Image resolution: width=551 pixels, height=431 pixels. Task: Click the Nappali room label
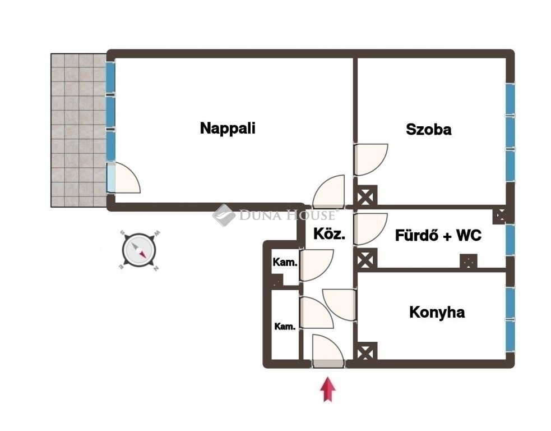click(x=228, y=129)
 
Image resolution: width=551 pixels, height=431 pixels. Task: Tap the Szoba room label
click(x=428, y=130)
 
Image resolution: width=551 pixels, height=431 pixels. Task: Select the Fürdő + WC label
click(x=438, y=235)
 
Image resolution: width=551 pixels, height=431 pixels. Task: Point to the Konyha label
click(x=437, y=312)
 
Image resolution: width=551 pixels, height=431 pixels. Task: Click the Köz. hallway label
click(x=329, y=233)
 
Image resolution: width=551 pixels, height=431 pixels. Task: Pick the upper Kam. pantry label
click(x=285, y=262)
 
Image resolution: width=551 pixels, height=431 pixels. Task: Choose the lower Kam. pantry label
click(x=285, y=327)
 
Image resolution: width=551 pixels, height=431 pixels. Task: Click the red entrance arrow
click(x=327, y=389)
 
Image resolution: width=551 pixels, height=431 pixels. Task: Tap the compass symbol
click(x=140, y=250)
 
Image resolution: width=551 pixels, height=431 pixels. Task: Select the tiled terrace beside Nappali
click(x=78, y=130)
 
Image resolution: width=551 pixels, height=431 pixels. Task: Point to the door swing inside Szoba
click(x=371, y=159)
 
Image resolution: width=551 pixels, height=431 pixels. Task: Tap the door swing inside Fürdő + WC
click(x=371, y=229)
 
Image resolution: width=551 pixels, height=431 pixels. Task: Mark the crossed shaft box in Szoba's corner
click(x=365, y=196)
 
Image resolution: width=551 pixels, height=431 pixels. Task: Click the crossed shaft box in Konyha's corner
click(x=365, y=351)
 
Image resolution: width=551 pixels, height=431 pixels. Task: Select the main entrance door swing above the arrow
click(x=327, y=350)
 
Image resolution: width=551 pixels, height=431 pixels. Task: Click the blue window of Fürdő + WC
click(x=510, y=240)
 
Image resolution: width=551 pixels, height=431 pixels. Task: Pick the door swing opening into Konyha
click(x=339, y=305)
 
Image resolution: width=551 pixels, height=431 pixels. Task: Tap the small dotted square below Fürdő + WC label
click(x=469, y=261)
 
